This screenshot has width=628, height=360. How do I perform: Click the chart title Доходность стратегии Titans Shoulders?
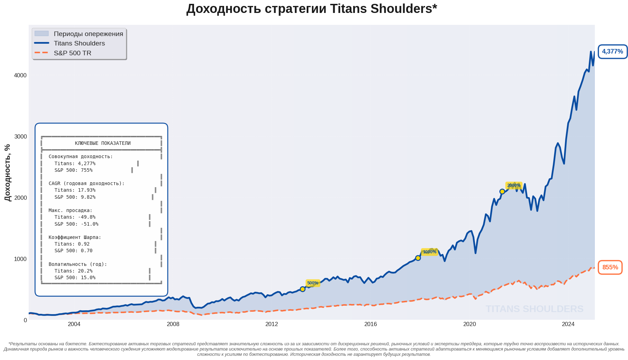tap(312, 9)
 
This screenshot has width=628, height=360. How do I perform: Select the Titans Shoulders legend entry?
tap(79, 43)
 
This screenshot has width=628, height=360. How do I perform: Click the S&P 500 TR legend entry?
tap(72, 53)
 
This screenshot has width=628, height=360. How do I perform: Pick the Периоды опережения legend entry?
tap(88, 34)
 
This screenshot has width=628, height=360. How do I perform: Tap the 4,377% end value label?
tap(612, 52)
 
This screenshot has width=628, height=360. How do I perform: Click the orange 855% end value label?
tap(610, 267)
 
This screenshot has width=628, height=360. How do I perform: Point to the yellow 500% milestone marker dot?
tap(302, 289)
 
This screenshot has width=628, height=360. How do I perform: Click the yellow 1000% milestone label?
tap(429, 252)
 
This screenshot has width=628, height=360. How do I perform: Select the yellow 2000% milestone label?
tap(514, 185)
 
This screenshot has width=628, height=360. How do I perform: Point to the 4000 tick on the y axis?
tap(20, 75)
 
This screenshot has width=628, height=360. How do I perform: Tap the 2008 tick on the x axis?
tap(173, 324)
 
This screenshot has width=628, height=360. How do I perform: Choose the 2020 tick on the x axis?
tap(469, 324)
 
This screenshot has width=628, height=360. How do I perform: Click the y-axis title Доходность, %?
tap(8, 172)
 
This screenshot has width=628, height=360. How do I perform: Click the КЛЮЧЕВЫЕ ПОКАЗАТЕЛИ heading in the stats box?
tap(102, 143)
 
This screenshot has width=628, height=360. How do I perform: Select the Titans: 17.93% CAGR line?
tap(75, 190)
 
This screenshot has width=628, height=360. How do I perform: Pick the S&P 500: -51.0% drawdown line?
tap(76, 224)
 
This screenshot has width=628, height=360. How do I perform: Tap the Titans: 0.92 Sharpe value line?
tap(72, 244)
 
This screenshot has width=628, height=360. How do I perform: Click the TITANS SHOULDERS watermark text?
tap(534, 309)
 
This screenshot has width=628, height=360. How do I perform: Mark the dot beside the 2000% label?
tap(502, 191)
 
